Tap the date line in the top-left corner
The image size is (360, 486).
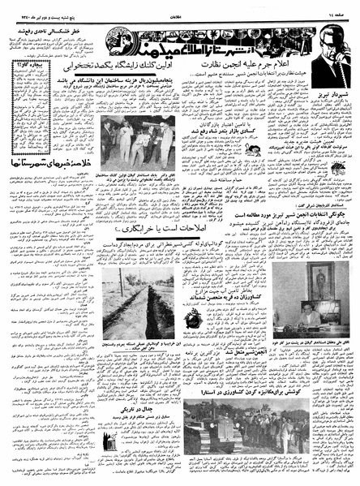(x=36, y=14)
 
